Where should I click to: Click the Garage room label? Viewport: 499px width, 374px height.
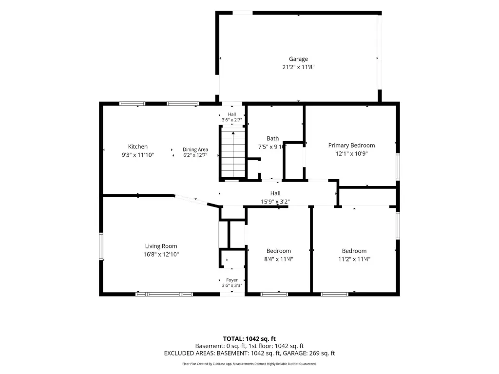[x=298, y=59]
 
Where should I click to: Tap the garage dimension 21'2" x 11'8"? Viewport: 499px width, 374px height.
[x=298, y=67]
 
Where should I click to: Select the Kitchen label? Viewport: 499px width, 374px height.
[x=138, y=147]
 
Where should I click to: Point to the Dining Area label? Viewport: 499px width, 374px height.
[x=195, y=150]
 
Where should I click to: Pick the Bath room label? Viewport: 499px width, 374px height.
[x=273, y=138]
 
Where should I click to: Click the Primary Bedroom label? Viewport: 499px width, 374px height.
[x=352, y=145]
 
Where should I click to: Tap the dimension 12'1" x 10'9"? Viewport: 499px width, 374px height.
[x=352, y=153]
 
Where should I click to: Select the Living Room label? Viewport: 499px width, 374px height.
[x=161, y=246]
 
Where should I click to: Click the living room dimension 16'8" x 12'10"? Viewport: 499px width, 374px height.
[x=161, y=254]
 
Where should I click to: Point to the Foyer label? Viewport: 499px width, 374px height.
[x=232, y=280]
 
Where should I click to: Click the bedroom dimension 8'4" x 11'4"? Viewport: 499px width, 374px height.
[x=279, y=259]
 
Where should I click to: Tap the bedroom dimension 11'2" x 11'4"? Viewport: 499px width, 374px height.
[x=354, y=259]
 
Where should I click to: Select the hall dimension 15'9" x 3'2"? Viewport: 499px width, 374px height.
[x=275, y=202]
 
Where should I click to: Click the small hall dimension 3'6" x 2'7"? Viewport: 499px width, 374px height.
[x=232, y=120]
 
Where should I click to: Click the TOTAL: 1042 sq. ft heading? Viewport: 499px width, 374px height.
[x=249, y=339]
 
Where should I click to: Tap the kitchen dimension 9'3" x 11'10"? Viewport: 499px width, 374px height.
[x=138, y=155]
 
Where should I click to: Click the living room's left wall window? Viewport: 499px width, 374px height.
[x=101, y=246]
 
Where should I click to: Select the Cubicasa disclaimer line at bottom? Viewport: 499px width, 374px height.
[x=249, y=364]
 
